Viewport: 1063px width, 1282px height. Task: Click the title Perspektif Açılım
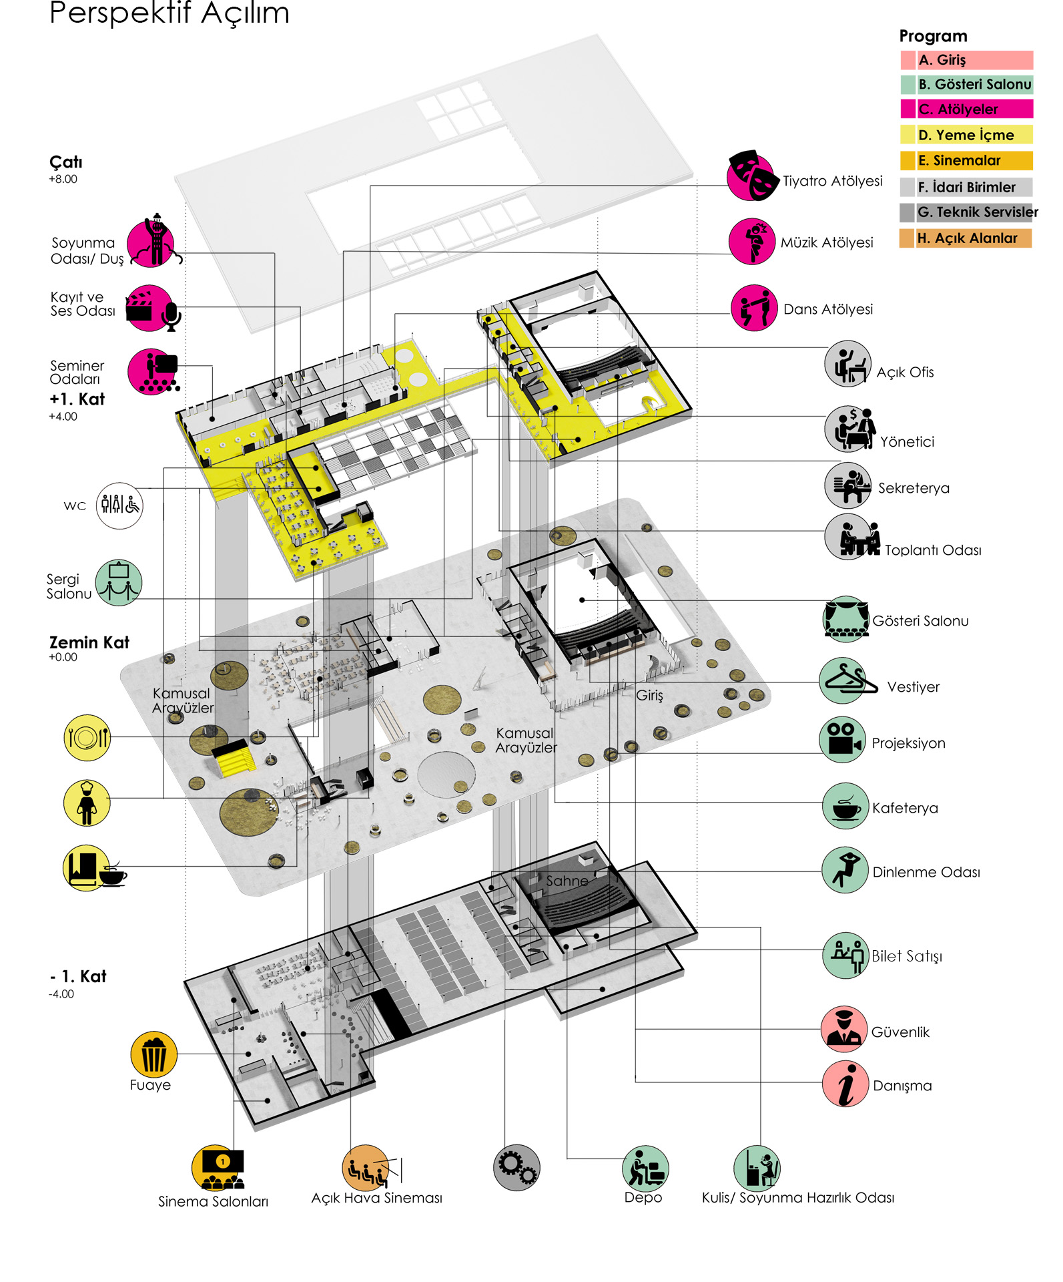(169, 12)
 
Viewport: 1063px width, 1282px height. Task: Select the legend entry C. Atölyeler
(967, 109)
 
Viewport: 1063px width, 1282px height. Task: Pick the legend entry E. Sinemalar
(966, 160)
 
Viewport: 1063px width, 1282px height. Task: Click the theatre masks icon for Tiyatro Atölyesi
(751, 176)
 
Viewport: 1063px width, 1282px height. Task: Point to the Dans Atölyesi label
(828, 309)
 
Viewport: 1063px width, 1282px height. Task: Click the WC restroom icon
(119, 505)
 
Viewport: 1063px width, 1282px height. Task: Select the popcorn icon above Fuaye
(153, 1054)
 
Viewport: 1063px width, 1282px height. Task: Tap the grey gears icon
(516, 1167)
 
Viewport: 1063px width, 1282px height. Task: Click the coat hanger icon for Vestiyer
(845, 680)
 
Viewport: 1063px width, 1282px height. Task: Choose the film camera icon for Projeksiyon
(843, 740)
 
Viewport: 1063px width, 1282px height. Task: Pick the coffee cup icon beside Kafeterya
(845, 806)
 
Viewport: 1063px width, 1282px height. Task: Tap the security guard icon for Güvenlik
(844, 1029)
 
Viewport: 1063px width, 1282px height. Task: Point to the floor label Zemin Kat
(89, 642)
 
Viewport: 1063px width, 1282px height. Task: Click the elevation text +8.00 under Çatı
(63, 179)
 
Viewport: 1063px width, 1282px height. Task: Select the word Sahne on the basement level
(567, 881)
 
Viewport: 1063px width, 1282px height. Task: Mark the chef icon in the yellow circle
(87, 803)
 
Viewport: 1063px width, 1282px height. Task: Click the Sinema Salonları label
(213, 1201)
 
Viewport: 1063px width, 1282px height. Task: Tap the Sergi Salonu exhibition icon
(119, 582)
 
